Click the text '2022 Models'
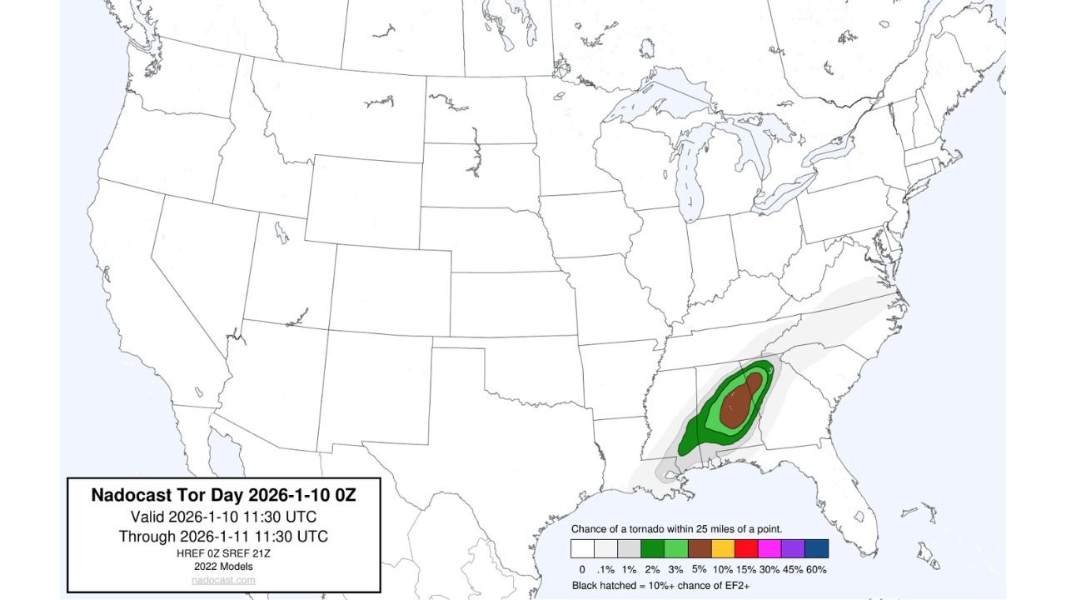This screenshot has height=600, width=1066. click(x=222, y=566)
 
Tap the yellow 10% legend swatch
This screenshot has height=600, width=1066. click(x=723, y=548)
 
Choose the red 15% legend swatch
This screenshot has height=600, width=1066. click(x=746, y=548)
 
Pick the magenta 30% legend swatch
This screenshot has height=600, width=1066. click(x=770, y=548)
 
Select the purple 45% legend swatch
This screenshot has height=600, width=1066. click(x=793, y=548)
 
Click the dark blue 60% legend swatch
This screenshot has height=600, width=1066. click(x=816, y=548)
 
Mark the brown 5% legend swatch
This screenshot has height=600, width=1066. click(x=700, y=548)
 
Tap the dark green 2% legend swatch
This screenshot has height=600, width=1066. click(x=653, y=548)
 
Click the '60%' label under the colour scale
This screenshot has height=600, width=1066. click(x=816, y=569)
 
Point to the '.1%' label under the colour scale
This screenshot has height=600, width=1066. click(x=605, y=569)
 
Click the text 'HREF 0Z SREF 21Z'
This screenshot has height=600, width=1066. click(x=222, y=553)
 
